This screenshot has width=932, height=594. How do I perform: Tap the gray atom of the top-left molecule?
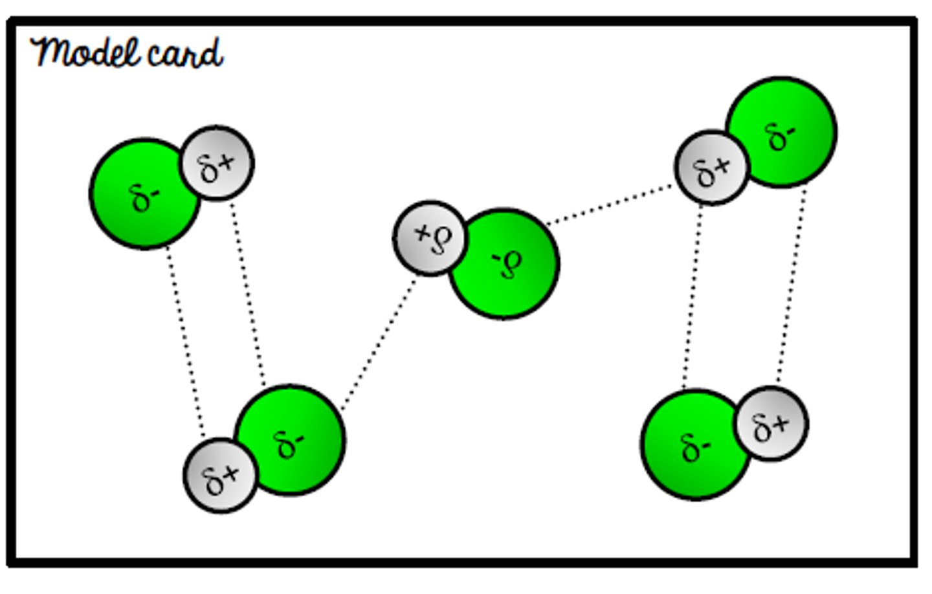[217, 164]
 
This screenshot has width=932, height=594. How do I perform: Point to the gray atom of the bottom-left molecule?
[220, 476]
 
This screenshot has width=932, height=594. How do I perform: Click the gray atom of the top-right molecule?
[711, 168]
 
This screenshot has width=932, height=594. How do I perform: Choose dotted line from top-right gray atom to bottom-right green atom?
[693, 298]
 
